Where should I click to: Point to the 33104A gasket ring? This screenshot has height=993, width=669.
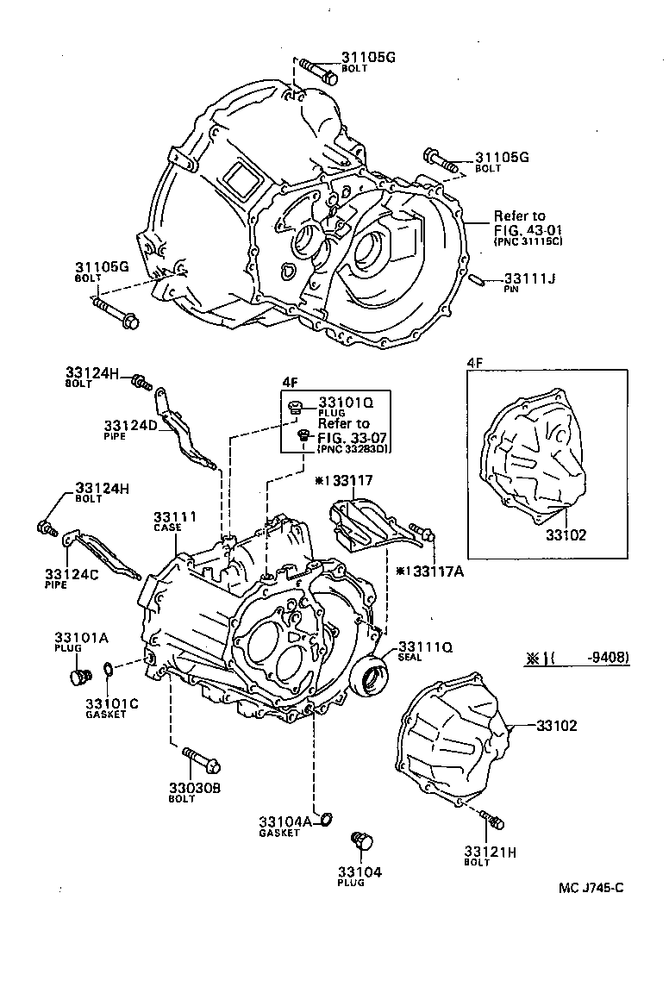pyautogui.click(x=327, y=817)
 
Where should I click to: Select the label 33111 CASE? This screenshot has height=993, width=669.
pyautogui.click(x=175, y=516)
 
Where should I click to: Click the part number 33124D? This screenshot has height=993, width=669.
pyautogui.click(x=129, y=426)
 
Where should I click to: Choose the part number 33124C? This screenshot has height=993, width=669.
pyautogui.click(x=69, y=573)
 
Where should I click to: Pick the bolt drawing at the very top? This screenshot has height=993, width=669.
pyautogui.click(x=321, y=72)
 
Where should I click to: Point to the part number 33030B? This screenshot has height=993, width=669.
pyautogui.click(x=195, y=787)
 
